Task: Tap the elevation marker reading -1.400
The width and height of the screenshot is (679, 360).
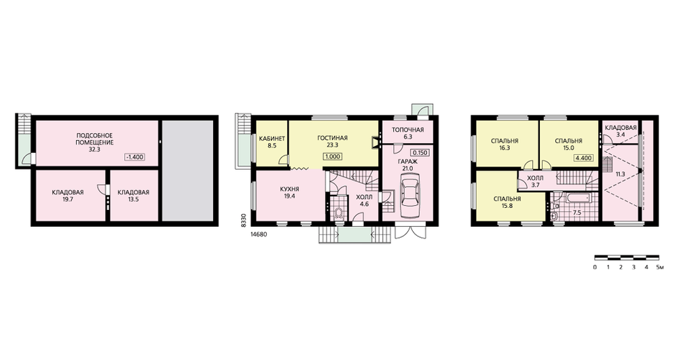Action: coord(134,157)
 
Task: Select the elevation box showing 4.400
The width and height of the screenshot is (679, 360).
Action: coord(583,158)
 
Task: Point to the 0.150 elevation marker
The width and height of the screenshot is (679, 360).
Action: coord(420,153)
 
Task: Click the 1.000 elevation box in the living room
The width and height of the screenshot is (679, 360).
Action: coord(333,156)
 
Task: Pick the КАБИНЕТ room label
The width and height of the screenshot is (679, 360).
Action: coord(272,139)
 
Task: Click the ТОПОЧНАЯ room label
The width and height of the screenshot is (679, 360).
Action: coord(407,130)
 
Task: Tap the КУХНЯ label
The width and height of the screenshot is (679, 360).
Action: coord(290,190)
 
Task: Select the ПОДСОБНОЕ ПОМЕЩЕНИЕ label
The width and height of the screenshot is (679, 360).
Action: coord(95,139)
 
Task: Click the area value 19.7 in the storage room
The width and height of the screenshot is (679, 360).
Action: coord(67,200)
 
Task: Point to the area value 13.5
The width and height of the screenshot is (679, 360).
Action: coord(133,200)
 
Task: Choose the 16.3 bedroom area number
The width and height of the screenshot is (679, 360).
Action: coord(504,147)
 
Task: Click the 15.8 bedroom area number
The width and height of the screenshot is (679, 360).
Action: coord(507,206)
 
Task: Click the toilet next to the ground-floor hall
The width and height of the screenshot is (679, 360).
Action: coord(338,213)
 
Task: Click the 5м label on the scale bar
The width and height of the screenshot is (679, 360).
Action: coord(660,267)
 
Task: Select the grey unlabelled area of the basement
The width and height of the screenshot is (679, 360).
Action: coord(188,170)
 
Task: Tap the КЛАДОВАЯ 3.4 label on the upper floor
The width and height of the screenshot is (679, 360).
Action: coord(621,131)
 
